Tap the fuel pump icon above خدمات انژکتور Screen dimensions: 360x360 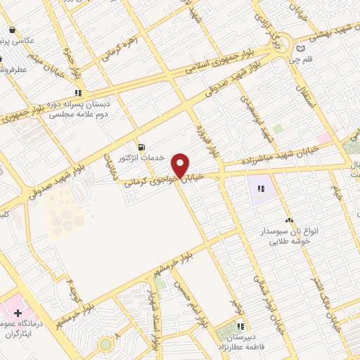pos(143,147)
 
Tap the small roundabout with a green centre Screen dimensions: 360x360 pos(105,345)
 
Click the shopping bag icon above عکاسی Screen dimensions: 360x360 pos(13,30)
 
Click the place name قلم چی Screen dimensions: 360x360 pos(301,60)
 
